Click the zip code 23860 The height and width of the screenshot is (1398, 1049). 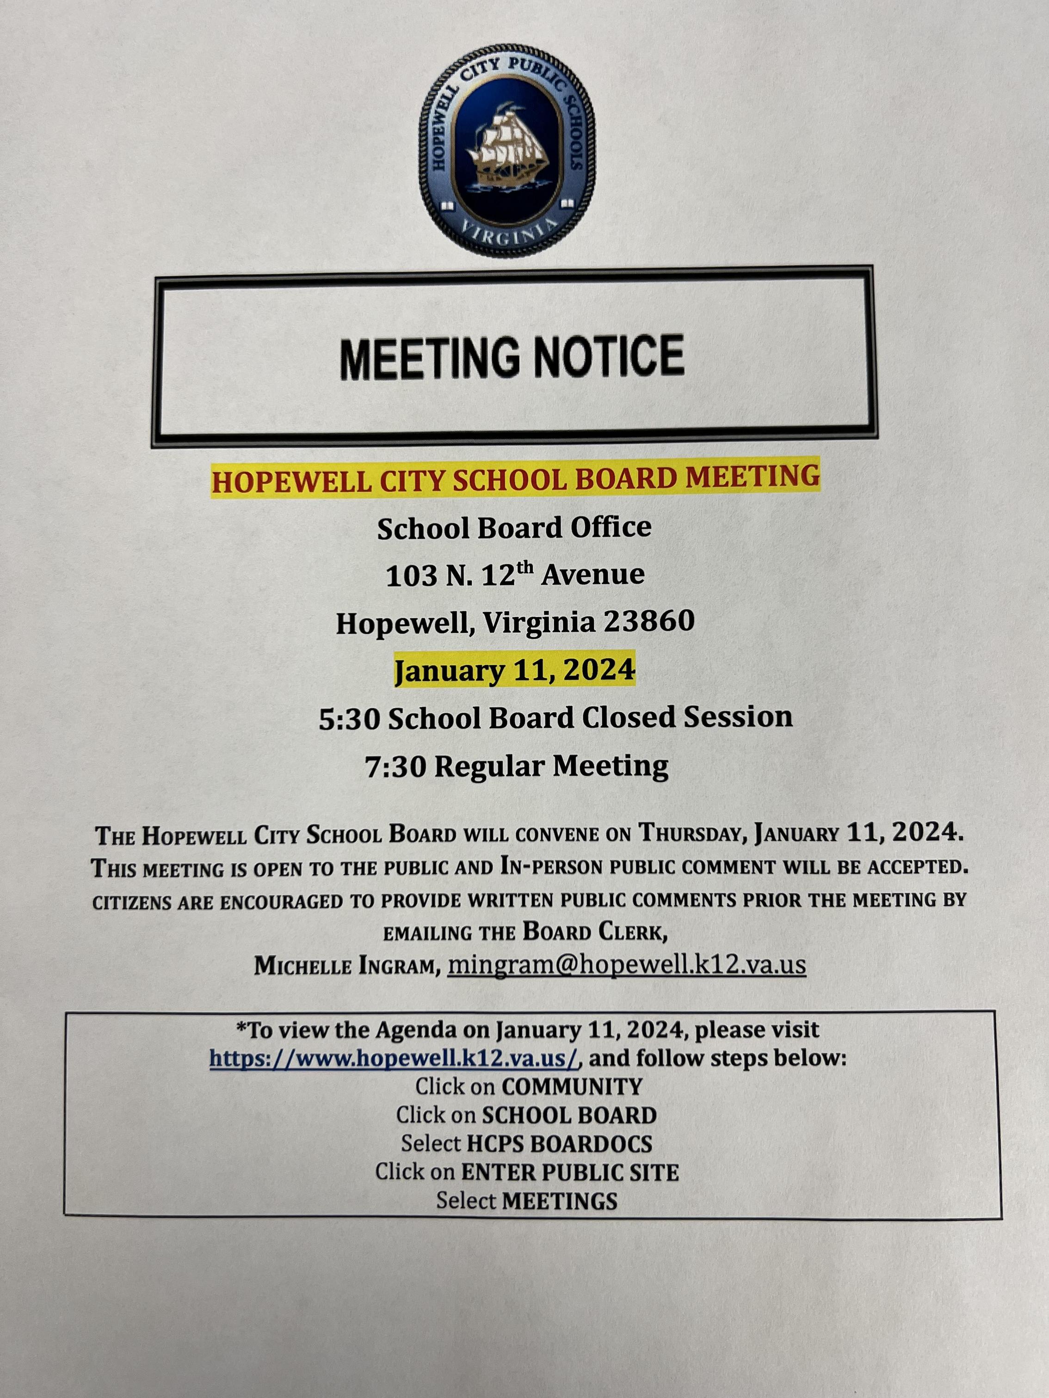(x=649, y=622)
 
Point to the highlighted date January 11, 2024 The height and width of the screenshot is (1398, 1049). (x=514, y=670)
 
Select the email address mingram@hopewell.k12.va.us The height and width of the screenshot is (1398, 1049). (x=626, y=965)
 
